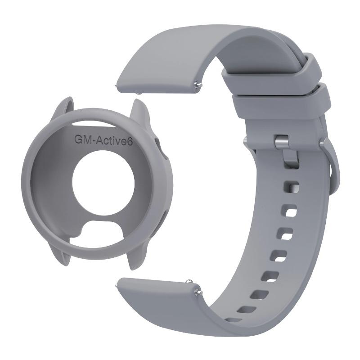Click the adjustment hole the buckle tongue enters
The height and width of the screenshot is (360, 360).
pos(292,186)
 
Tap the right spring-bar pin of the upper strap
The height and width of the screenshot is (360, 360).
pos(197,84)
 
